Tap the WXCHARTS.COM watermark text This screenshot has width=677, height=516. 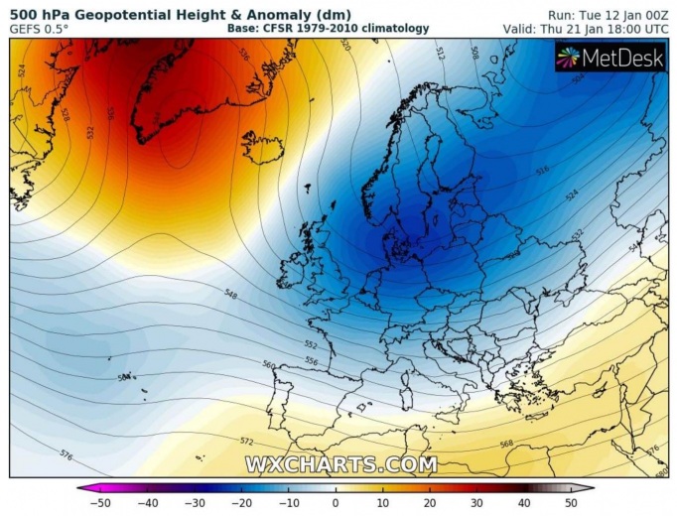340,463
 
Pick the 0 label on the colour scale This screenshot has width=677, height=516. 336,503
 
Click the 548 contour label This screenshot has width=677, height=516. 231,294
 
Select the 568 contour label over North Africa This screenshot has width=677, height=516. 506,444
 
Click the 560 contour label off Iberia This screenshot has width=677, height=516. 268,365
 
